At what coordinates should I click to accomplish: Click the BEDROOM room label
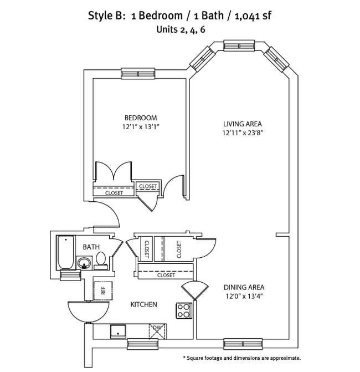pyautogui.click(x=140, y=118)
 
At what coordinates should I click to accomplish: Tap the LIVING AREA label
pyautogui.click(x=242, y=124)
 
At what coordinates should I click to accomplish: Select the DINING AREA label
pyautogui.click(x=244, y=287)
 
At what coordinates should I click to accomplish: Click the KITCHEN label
pyautogui.click(x=143, y=304)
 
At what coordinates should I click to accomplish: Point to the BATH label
pyautogui.click(x=91, y=247)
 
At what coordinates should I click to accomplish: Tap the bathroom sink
pyautogui.click(x=85, y=263)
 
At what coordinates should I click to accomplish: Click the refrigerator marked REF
pyautogui.click(x=101, y=289)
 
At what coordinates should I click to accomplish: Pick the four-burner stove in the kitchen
pyautogui.click(x=184, y=310)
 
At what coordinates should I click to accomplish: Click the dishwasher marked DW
pyautogui.click(x=157, y=331)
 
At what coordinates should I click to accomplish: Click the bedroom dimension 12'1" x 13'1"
pyautogui.click(x=140, y=127)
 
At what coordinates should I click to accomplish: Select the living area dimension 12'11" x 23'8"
pyautogui.click(x=242, y=133)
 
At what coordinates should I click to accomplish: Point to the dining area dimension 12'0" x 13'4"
pyautogui.click(x=244, y=296)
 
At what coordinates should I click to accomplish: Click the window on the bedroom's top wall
pyautogui.click(x=138, y=73)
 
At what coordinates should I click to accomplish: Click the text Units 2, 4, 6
pyautogui.click(x=179, y=29)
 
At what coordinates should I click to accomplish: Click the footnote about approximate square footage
pyautogui.click(x=241, y=358)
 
